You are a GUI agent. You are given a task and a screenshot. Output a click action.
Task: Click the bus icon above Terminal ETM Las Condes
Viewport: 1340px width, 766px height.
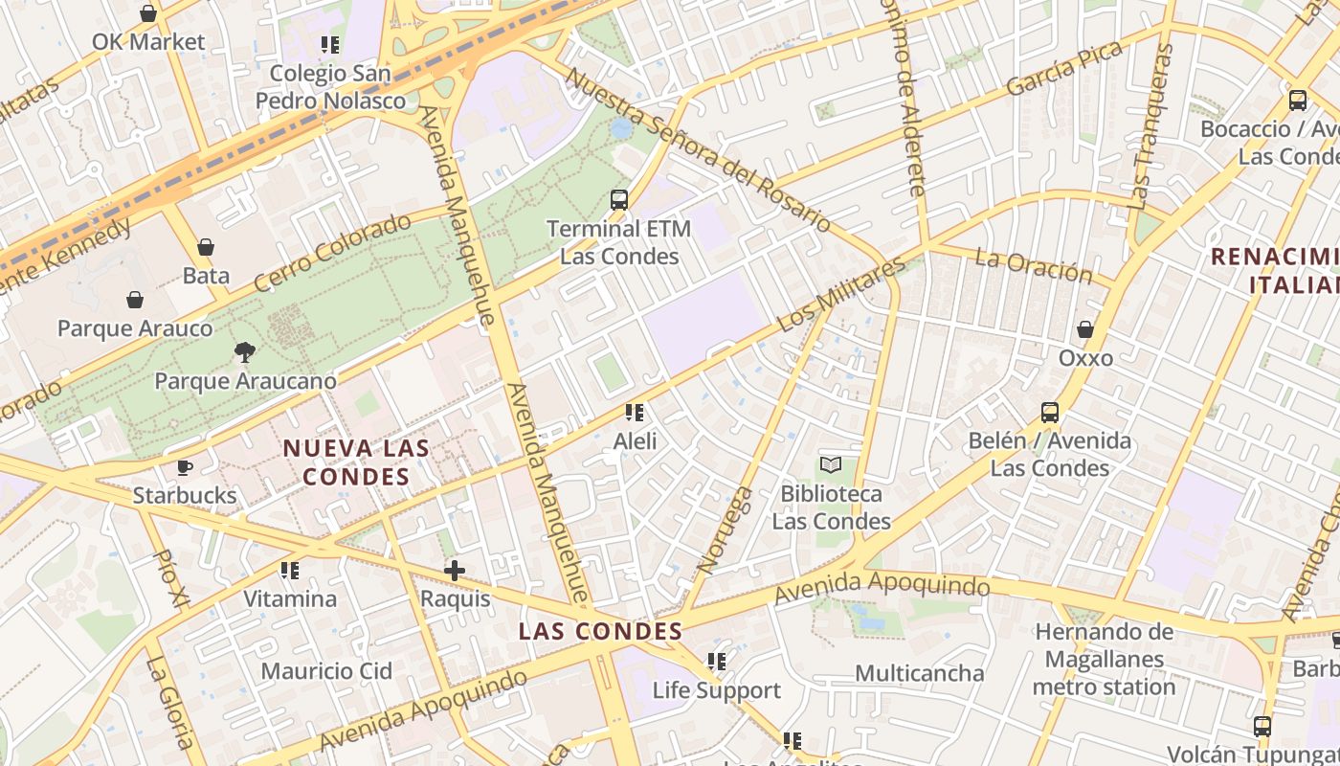[619, 200]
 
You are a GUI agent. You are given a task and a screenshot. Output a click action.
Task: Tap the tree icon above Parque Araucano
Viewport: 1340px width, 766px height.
[245, 352]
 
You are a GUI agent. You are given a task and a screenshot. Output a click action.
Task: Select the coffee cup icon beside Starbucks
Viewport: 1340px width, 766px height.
[185, 467]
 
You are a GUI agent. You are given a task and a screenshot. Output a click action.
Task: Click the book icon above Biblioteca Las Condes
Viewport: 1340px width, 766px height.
[831, 465]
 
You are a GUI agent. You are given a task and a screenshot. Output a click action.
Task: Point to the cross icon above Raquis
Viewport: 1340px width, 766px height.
[455, 572]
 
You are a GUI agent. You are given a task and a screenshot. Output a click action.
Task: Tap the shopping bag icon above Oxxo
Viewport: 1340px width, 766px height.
[1085, 329]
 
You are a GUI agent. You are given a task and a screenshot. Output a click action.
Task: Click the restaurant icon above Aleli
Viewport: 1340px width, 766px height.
[635, 413]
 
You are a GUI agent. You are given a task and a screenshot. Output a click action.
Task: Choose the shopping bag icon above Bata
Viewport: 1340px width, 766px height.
[206, 247]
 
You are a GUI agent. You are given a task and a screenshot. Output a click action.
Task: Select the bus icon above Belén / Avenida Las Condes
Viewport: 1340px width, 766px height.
[1050, 413]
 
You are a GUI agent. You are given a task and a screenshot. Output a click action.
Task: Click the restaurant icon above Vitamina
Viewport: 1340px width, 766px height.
[290, 571]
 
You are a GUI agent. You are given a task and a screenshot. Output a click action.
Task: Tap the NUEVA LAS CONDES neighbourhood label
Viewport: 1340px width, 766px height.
[356, 462]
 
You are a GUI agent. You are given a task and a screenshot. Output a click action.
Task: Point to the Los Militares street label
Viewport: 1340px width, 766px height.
[840, 295]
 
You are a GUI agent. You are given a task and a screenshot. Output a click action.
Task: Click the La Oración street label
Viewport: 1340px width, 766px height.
[1034, 265]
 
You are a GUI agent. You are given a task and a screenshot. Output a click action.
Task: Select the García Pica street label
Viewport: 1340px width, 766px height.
[1064, 70]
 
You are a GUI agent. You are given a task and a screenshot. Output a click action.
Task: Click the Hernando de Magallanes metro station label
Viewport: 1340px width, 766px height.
[1104, 659]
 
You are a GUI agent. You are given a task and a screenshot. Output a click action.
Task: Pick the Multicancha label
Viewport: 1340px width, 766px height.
[919, 673]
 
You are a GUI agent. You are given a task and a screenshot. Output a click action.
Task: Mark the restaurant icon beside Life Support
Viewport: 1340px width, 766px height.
[717, 662]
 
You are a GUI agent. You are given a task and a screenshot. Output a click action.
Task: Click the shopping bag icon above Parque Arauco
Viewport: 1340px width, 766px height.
[135, 300]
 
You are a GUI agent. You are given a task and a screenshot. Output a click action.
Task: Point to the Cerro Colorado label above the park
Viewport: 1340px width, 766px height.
[333, 253]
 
